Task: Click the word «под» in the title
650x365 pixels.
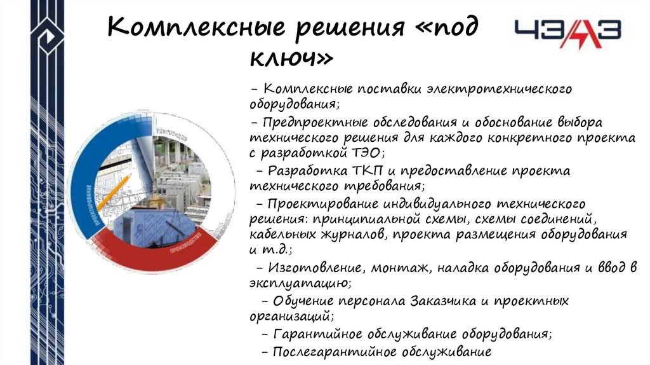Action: [x=447, y=29]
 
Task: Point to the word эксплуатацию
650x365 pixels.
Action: [x=298, y=283]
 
